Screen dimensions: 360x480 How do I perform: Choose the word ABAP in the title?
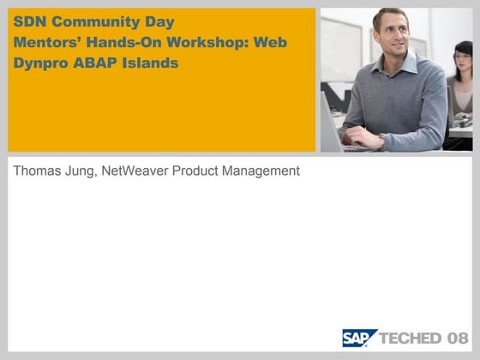[99, 63]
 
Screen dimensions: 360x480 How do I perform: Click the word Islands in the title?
[153, 63]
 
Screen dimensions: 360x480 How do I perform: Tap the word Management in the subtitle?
[261, 171]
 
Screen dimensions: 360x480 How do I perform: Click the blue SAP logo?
[359, 338]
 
